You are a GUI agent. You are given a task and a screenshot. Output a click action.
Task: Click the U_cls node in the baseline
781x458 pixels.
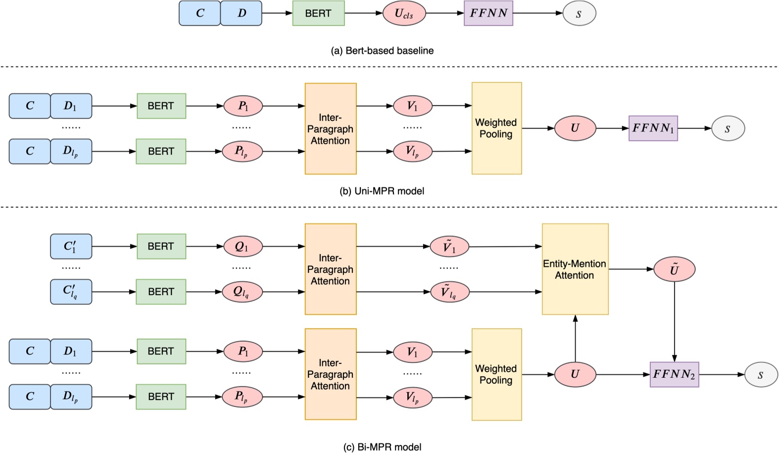point(404,13)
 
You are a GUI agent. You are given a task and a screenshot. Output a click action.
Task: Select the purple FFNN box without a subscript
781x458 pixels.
point(488,13)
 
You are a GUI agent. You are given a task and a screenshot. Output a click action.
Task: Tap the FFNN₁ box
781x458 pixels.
point(653,129)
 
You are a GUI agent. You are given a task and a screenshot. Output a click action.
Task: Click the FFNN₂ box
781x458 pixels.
point(674,374)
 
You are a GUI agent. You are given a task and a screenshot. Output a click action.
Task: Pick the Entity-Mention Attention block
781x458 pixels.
point(575,270)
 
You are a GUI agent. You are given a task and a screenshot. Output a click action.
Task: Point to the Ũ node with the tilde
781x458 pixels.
point(674,270)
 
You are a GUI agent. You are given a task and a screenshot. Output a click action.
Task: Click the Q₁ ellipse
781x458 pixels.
point(242,246)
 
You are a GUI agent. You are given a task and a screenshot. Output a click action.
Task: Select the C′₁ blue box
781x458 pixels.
point(71,246)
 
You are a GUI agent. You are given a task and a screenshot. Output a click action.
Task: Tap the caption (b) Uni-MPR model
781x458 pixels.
point(382,191)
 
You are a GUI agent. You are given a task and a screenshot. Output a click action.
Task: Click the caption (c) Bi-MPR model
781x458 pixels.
point(382,447)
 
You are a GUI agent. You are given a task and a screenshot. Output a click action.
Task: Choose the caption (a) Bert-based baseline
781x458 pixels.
point(382,50)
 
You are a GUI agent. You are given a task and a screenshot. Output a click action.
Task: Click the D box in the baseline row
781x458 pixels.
point(241,13)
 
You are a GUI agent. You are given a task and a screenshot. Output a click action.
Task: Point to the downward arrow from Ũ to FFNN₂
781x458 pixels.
point(674,321)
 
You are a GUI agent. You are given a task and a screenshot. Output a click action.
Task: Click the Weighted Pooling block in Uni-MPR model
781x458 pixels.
point(496,129)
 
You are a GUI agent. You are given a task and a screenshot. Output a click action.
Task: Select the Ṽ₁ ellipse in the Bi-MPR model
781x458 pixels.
point(449,246)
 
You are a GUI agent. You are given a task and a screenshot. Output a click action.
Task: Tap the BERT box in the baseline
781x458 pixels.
point(318,13)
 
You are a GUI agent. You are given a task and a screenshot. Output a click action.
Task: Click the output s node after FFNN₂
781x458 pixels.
point(761,374)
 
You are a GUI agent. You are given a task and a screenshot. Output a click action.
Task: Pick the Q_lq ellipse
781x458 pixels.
point(242,292)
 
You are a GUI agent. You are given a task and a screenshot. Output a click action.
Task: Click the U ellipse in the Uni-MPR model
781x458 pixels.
point(575,129)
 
